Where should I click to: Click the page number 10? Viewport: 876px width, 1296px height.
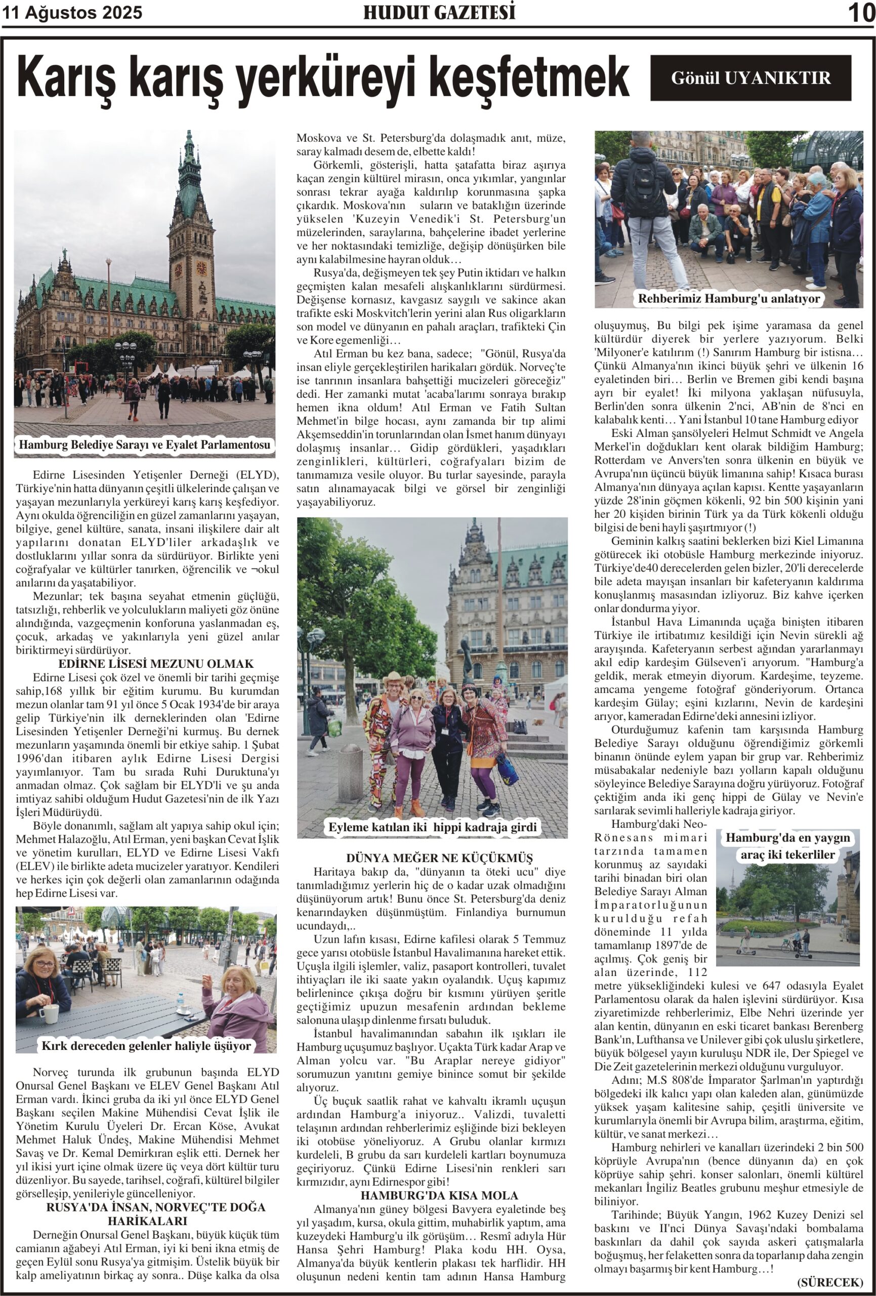(860, 13)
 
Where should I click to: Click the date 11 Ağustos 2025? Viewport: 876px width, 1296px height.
(72, 12)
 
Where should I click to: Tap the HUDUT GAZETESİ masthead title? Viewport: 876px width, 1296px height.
(439, 12)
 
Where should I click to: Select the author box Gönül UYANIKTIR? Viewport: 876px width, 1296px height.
(750, 77)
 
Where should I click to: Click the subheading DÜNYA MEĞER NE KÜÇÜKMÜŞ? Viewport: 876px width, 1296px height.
(432, 858)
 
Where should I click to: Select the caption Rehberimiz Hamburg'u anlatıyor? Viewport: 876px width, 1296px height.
(729, 298)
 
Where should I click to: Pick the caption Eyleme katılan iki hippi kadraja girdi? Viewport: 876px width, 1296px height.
(432, 827)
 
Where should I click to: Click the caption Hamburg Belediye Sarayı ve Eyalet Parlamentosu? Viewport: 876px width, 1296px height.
(144, 445)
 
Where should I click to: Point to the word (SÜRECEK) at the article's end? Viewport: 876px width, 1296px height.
(830, 1282)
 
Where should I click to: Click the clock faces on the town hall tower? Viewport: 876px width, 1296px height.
(190, 270)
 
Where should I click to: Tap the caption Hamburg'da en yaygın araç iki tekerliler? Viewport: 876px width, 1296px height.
(787, 846)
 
